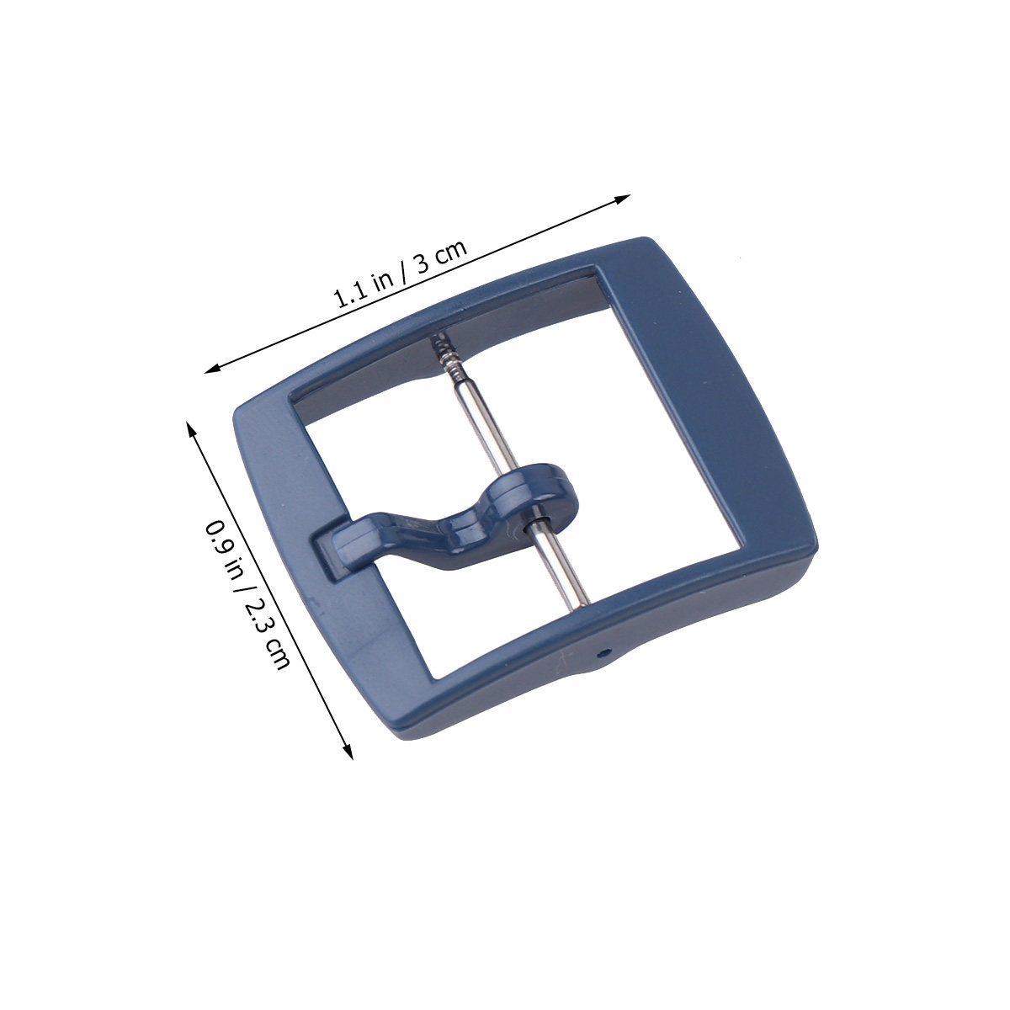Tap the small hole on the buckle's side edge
[605, 653]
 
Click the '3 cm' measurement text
[441, 257]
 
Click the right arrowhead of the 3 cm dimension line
[623, 199]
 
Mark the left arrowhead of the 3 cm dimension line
[212, 369]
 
